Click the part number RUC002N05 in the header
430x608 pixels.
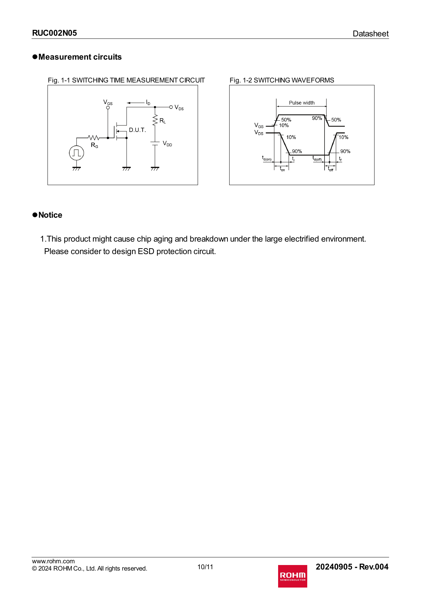point(54,33)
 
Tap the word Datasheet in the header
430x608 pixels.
point(370,34)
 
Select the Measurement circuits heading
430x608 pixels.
point(80,57)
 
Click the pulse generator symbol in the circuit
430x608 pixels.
point(76,153)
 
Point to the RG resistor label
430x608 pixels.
point(94,145)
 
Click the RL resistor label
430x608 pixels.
point(162,121)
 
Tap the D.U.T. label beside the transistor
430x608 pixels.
point(137,130)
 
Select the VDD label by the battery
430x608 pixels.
point(167,144)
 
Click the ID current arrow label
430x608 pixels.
point(148,103)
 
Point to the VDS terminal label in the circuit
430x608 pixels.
point(179,107)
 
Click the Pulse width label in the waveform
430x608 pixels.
point(302,103)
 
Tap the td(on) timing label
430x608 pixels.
point(267,158)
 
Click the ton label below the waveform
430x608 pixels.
point(282,169)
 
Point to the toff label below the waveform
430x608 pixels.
point(330,169)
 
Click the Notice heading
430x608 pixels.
point(50,215)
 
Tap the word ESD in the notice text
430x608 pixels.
point(146,252)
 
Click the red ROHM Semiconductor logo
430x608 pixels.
point(292,576)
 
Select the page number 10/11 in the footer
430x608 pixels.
point(205,567)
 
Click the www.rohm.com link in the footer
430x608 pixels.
point(53,561)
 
